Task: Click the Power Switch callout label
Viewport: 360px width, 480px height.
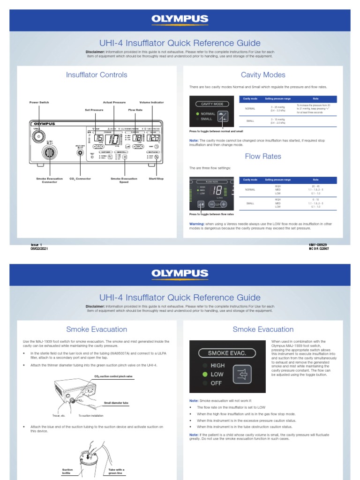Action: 39,102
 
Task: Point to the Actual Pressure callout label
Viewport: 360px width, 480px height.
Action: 114,102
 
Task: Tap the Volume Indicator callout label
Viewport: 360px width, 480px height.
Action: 151,102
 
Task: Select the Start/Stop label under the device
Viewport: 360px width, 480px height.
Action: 156,179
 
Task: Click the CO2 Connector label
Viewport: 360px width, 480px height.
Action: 80,179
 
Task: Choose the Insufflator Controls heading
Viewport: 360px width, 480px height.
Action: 97,75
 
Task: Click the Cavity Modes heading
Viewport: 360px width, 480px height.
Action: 262,75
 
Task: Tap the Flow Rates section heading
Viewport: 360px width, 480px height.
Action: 262,156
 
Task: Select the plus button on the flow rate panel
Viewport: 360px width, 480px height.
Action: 224,204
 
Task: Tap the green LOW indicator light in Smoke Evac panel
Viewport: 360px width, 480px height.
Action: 204,375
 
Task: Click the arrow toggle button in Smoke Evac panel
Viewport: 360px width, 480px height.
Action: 242,375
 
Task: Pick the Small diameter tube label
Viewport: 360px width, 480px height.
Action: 116,403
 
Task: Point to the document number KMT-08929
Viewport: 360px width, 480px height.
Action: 318,245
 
